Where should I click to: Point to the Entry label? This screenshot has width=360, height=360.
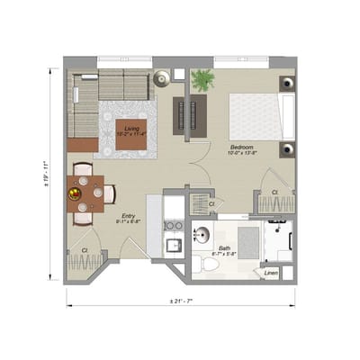click(129, 216)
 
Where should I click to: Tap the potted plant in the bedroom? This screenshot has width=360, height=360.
click(203, 80)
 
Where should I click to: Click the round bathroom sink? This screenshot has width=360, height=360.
click(202, 237)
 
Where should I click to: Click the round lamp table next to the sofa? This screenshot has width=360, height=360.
click(161, 78)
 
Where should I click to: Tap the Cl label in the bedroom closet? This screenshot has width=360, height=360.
click(274, 193)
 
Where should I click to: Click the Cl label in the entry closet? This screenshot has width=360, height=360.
click(84, 249)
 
